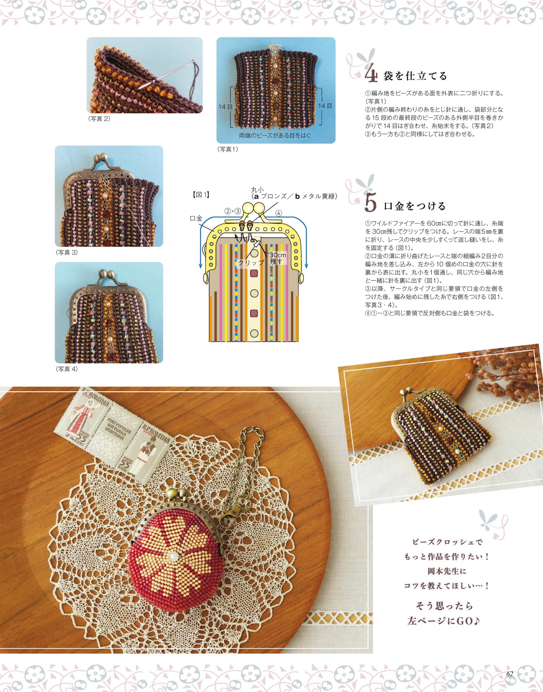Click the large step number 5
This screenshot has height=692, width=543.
pyautogui.click(x=371, y=203)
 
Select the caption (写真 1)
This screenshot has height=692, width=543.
pyautogui.click(x=227, y=149)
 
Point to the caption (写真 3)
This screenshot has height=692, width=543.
pyautogui.click(x=67, y=252)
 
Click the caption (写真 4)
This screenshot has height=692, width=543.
pyautogui.click(x=67, y=369)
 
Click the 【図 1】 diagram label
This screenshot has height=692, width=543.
pyautogui.click(x=201, y=195)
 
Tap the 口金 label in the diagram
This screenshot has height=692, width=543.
pyautogui.click(x=196, y=218)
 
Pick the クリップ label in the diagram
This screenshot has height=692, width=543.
pyautogui.click(x=251, y=262)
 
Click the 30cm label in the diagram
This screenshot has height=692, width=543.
pyautogui.click(x=278, y=255)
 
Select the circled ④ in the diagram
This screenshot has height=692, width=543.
pyautogui.click(x=279, y=213)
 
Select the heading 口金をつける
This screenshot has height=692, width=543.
pyautogui.click(x=415, y=206)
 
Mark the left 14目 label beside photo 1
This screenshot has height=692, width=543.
pyautogui.click(x=226, y=107)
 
